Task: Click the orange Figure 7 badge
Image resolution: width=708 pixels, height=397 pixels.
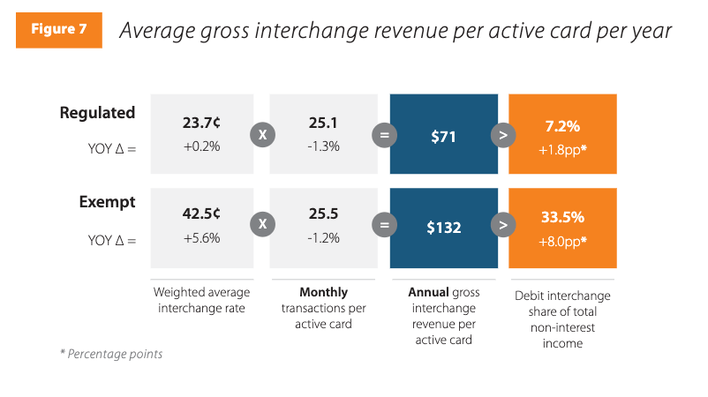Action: coord(59,29)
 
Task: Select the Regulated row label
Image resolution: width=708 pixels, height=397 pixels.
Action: coord(97,113)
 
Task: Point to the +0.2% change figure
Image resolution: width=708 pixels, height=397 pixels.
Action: coord(201,146)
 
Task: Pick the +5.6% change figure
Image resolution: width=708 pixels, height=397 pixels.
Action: coord(201,238)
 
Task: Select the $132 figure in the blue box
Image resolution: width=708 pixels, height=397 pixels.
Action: coord(442,227)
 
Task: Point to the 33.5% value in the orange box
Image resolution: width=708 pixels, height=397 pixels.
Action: coord(562,217)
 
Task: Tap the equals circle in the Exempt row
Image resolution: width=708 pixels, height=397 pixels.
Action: coord(383,226)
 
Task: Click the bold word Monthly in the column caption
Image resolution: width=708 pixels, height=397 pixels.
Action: coord(324,292)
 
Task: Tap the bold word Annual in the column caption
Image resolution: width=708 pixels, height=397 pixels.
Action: coord(428,292)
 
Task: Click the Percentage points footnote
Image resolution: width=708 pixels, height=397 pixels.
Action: coord(110,354)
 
